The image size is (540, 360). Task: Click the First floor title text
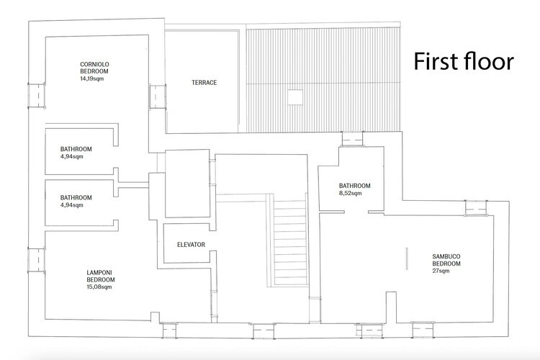tap(464, 61)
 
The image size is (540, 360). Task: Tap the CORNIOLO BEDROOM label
tap(94, 68)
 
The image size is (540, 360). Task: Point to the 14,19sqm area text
tap(91, 78)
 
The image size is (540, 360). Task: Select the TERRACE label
tap(204, 83)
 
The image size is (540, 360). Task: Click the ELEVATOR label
tap(191, 245)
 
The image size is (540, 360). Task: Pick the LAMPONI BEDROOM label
tap(101, 276)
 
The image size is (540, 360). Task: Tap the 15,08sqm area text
tap(99, 287)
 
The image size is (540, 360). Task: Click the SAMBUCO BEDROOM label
tap(446, 260)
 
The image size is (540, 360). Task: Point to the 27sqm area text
tap(441, 271)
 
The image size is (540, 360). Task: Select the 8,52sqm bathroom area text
tap(350, 193)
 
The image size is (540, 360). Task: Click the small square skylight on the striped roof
tap(295, 97)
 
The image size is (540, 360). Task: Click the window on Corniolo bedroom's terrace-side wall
tap(158, 96)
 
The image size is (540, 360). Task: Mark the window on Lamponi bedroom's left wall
tap(37, 260)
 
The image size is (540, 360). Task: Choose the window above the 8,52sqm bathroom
tap(352, 139)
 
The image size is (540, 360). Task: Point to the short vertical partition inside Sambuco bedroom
tap(407, 258)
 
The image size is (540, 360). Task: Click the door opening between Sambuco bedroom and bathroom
tap(356, 212)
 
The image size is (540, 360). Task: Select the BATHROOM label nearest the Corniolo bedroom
tap(76, 149)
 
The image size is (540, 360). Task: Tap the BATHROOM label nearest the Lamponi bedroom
tap(76, 198)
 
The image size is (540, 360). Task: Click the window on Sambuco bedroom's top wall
tap(476, 208)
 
